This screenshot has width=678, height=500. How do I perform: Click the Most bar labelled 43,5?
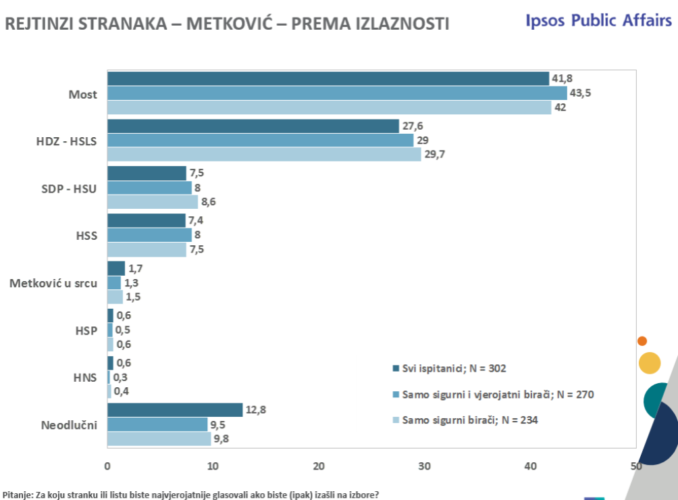(337, 93)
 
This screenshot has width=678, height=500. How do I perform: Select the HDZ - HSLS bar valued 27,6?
(253, 126)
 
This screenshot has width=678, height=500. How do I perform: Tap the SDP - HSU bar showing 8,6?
(153, 201)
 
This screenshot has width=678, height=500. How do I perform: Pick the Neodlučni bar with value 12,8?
(175, 409)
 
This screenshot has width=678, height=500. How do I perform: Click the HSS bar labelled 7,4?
(147, 220)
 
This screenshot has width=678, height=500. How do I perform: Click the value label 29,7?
(435, 154)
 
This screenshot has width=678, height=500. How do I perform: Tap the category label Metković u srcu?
(53, 283)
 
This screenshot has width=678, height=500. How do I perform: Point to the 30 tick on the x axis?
(425, 466)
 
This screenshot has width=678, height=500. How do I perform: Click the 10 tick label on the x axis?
(213, 466)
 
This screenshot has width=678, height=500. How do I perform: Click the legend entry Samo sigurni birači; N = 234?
(469, 420)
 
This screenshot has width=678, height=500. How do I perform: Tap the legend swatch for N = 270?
(396, 395)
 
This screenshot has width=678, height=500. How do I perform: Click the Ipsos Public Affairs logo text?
(598, 20)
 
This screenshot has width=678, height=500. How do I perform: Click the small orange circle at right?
(642, 341)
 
